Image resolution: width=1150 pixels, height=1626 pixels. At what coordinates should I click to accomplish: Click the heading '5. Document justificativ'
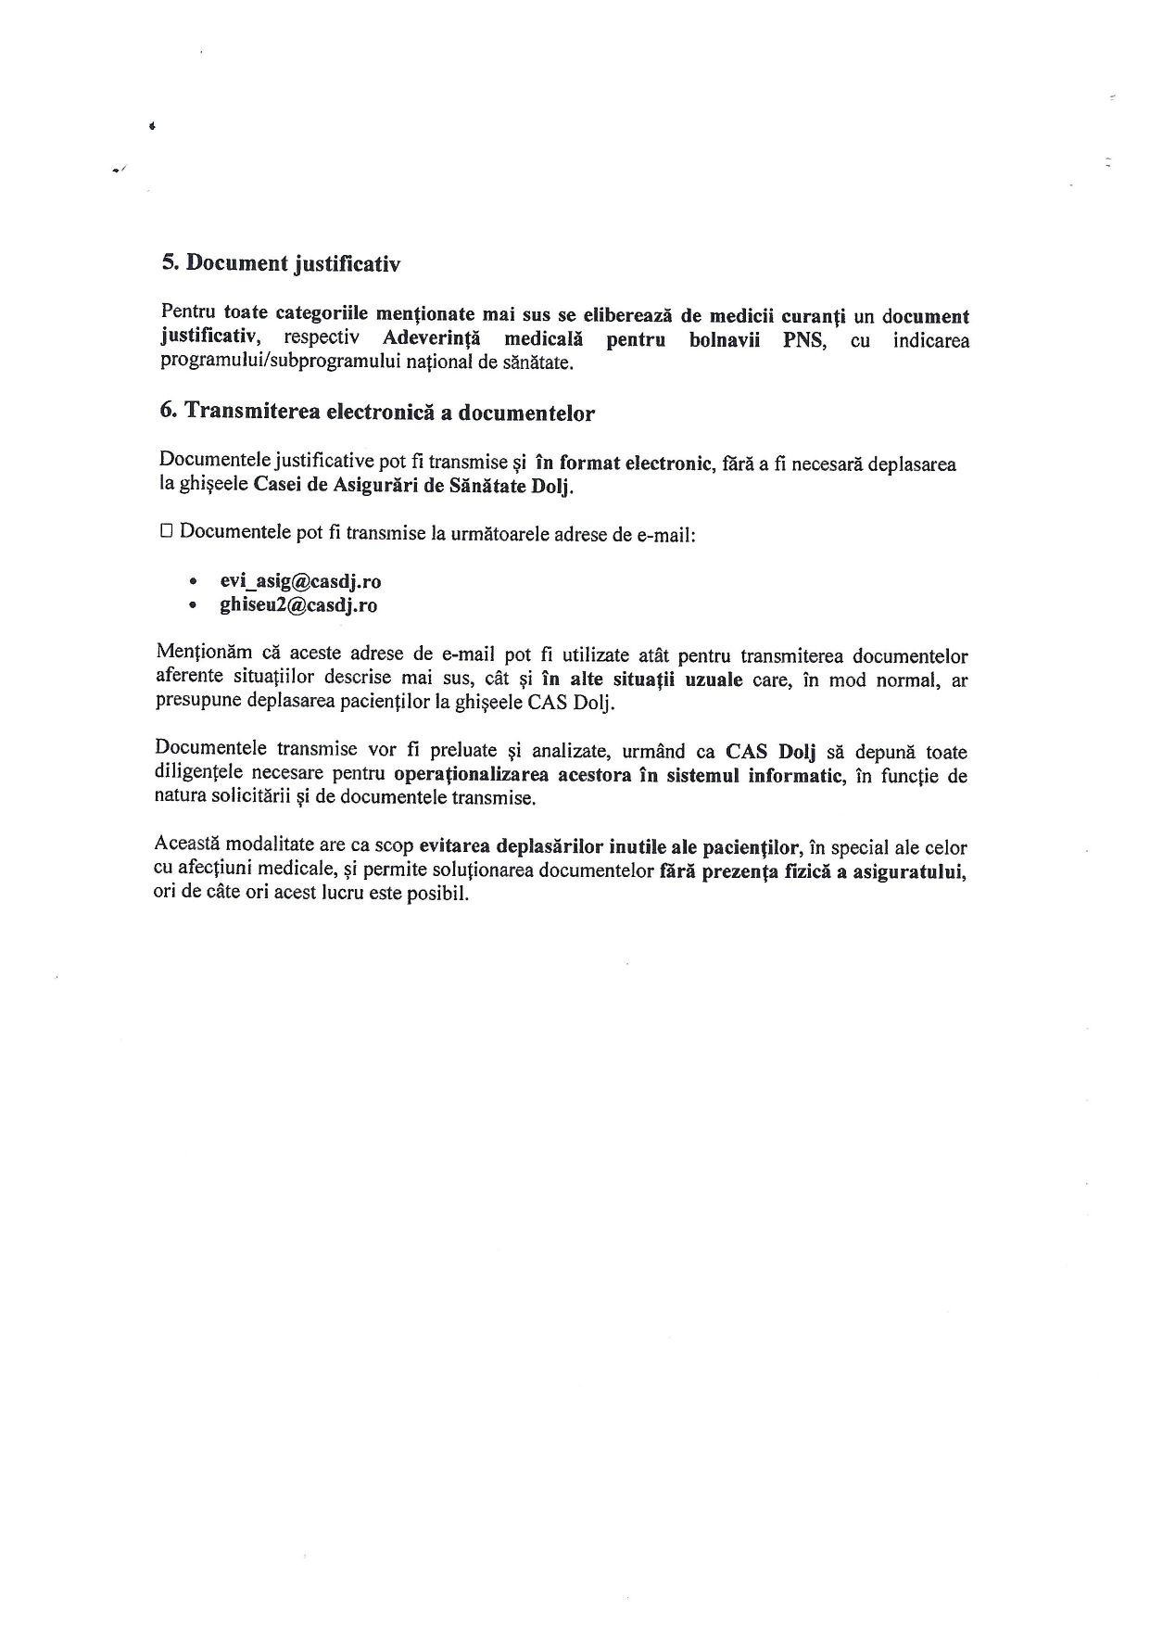(x=280, y=263)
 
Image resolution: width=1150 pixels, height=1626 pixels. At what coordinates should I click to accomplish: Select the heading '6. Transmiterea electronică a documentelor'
(x=376, y=413)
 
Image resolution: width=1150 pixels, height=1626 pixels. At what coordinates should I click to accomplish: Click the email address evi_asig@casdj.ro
(x=300, y=581)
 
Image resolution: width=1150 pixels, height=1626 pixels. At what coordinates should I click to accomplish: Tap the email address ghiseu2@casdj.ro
(x=297, y=605)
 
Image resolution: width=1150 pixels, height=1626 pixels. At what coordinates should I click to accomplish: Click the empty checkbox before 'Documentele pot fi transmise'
(x=167, y=531)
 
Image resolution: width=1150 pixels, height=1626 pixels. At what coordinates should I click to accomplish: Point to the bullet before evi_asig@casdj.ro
(x=192, y=582)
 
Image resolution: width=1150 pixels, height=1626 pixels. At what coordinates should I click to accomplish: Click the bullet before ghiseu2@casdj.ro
(x=192, y=606)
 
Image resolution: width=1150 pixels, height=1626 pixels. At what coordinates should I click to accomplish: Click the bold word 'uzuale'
(x=714, y=680)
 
